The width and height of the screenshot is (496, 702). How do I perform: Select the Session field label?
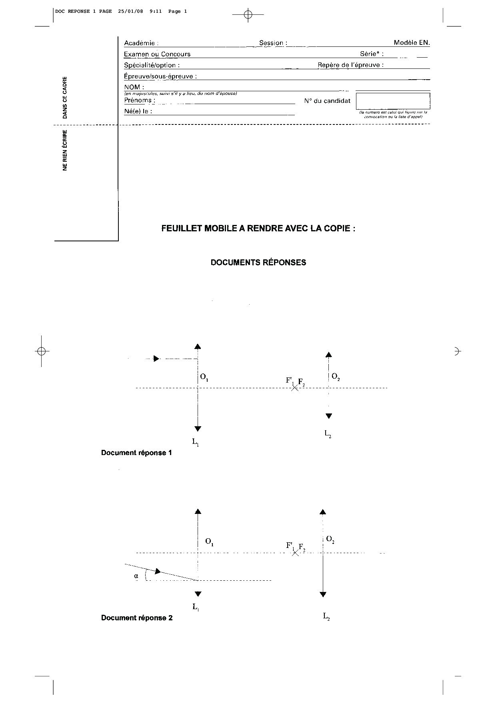(x=271, y=43)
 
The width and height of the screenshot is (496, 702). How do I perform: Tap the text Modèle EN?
(x=412, y=43)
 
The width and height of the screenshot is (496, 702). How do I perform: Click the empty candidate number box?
(x=393, y=101)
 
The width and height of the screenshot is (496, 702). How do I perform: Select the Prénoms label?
(x=138, y=100)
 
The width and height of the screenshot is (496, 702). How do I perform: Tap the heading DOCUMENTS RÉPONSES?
(x=258, y=263)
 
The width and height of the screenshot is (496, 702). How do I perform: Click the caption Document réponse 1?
(x=136, y=453)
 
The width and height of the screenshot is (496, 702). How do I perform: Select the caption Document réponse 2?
(x=137, y=618)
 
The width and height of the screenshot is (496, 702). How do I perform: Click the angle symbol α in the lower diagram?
(x=136, y=576)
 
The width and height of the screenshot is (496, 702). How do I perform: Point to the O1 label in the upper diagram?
(x=204, y=377)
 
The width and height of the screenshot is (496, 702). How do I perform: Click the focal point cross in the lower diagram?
(x=295, y=553)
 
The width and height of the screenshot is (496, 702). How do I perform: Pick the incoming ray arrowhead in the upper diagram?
(x=156, y=359)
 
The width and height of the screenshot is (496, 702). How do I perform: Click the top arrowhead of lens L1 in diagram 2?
(x=198, y=511)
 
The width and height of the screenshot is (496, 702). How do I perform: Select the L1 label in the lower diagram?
(x=196, y=607)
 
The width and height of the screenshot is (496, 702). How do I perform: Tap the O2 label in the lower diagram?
(x=330, y=540)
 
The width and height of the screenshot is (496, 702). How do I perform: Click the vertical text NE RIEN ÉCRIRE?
(x=65, y=150)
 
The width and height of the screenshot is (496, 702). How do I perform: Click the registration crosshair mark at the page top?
(x=248, y=15)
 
